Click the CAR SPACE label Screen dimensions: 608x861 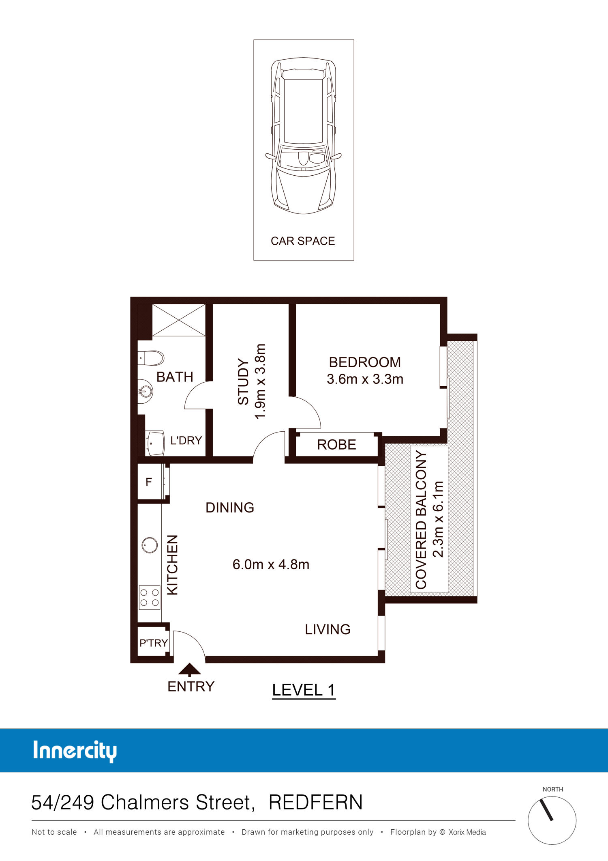[303, 241]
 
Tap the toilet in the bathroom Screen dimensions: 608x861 [151, 358]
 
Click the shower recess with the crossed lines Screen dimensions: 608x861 [179, 320]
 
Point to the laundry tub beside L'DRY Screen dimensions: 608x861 [155, 443]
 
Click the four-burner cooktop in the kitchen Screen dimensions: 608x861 [150, 597]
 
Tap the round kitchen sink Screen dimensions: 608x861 [150, 545]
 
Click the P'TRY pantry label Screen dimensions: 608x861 [153, 643]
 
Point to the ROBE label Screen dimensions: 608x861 [336, 445]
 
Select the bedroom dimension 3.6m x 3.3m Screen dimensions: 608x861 [365, 379]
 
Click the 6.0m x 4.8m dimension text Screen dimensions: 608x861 [271, 564]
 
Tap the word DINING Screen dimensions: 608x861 [230, 508]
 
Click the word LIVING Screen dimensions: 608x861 [328, 629]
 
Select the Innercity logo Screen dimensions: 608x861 [75, 751]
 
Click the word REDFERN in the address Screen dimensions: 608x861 [316, 802]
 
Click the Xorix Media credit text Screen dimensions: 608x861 [467, 832]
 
